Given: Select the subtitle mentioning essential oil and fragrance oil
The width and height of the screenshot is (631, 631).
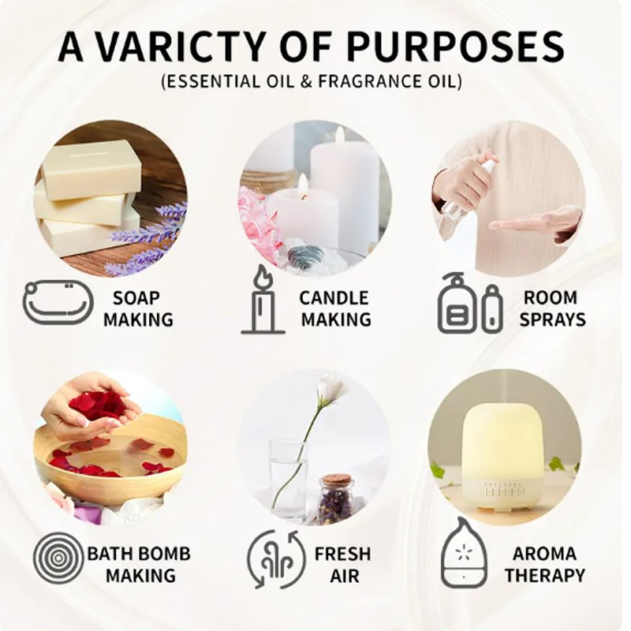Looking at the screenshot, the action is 312,81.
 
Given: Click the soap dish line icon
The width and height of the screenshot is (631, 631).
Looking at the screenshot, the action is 58,302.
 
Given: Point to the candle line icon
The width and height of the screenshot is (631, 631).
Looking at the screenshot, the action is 263,301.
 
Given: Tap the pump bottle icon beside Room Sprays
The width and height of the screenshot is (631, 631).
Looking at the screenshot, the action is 470,304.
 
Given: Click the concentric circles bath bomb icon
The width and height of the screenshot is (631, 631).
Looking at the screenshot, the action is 58,558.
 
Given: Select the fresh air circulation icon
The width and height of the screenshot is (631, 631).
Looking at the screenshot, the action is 275,559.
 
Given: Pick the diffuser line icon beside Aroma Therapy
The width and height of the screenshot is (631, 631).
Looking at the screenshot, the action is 464,554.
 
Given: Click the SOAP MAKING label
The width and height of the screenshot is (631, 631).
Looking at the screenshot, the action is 138,309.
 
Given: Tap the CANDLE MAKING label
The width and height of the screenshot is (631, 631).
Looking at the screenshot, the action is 335,309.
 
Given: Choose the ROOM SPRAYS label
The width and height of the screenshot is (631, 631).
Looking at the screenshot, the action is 551,308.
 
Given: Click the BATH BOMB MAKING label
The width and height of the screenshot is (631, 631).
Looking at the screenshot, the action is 140,565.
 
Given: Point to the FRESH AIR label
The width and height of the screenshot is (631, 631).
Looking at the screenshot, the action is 342,565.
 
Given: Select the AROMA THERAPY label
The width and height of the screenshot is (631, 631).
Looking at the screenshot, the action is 544,565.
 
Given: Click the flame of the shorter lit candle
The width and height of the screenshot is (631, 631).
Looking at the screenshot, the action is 303,185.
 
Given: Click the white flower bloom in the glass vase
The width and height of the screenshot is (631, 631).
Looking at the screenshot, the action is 331,386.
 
